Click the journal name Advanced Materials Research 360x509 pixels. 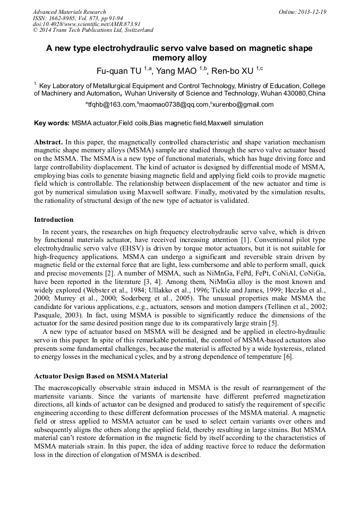tap(69, 12)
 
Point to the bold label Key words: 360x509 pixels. tap(52, 123)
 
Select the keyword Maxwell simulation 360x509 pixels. tap(235, 123)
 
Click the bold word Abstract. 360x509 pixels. tap(48, 143)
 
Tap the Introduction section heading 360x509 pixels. tap(54, 219)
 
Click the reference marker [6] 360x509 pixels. tap(287, 356)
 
